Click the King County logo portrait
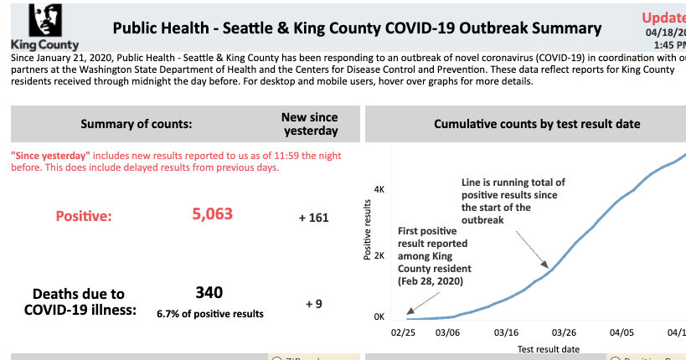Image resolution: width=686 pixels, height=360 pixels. click(x=44, y=21)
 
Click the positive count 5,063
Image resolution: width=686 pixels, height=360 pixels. click(x=212, y=214)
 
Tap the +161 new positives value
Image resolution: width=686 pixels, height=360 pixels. click(x=313, y=218)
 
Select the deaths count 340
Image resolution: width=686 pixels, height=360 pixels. click(x=209, y=293)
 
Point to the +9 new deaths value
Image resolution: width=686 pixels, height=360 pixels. click(x=313, y=304)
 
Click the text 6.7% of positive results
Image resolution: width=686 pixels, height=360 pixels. click(x=209, y=314)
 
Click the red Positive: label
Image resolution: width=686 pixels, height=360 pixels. click(x=84, y=217)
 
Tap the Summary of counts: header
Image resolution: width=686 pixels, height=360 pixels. click(x=136, y=124)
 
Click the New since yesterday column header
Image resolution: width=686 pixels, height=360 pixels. click(x=310, y=124)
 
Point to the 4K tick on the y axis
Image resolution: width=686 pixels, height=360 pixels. click(x=379, y=190)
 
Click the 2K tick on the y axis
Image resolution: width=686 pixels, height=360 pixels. click(x=379, y=255)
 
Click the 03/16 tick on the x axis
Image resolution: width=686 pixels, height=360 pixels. click(x=505, y=332)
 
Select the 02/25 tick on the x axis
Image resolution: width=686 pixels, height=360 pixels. click(x=404, y=332)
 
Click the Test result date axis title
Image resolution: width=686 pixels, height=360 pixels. click(x=548, y=348)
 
